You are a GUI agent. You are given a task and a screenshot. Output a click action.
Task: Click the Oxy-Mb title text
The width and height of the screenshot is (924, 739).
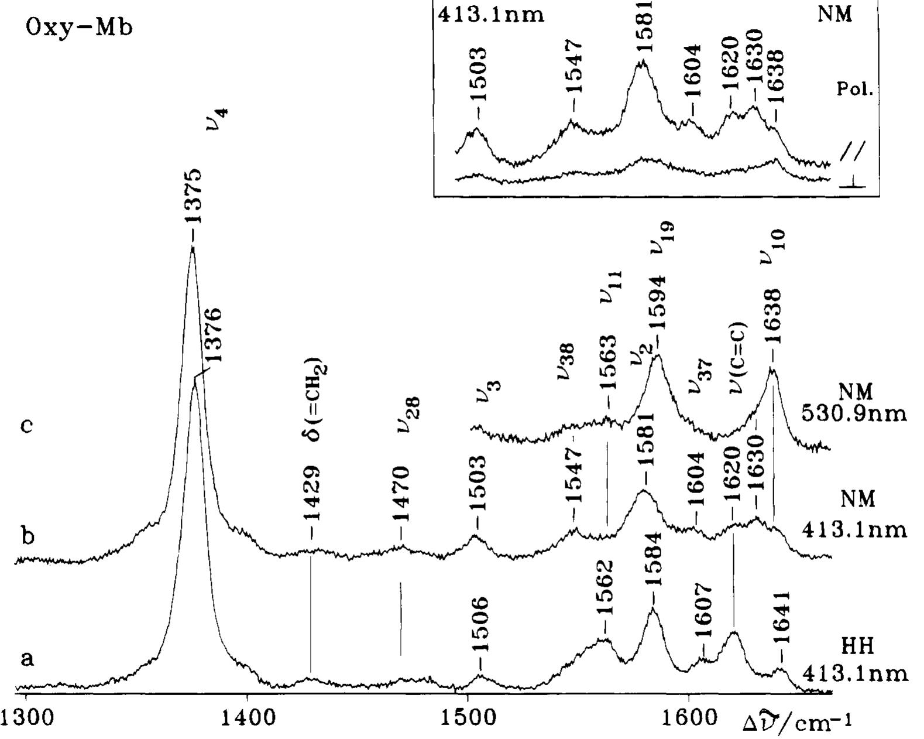tap(80, 28)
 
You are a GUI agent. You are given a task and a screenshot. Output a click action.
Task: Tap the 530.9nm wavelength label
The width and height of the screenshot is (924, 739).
tap(854, 413)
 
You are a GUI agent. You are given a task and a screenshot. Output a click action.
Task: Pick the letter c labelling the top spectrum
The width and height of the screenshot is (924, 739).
tap(26, 426)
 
